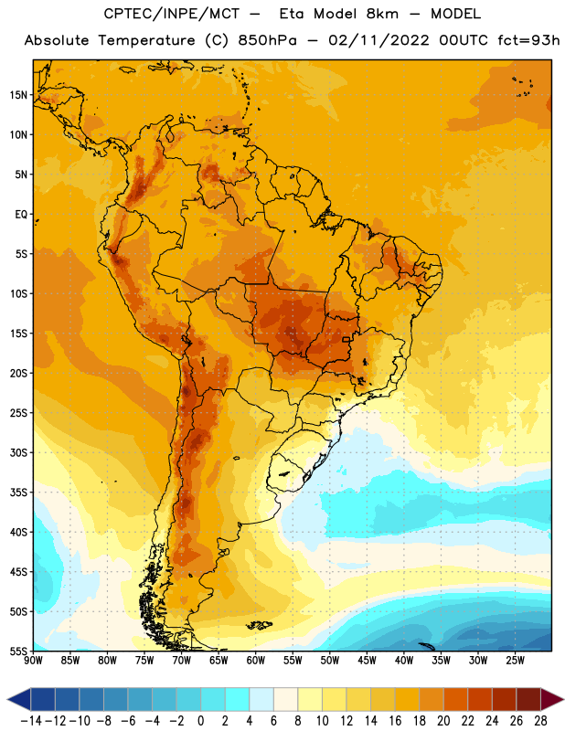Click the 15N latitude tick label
18,95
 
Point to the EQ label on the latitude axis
21,215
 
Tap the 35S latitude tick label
18,493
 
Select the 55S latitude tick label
18,652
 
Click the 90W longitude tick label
33,661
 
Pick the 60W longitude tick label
256,661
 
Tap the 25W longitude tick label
515,661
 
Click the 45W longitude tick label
367,661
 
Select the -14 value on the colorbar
31,721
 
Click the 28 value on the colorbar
540,721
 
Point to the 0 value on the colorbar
200,721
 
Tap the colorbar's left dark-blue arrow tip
7,699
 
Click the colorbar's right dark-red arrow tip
563,699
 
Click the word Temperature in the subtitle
146,40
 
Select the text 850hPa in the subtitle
267,40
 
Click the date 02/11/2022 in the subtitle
378,40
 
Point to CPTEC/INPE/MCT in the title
171,14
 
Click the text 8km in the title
382,14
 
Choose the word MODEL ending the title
455,14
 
